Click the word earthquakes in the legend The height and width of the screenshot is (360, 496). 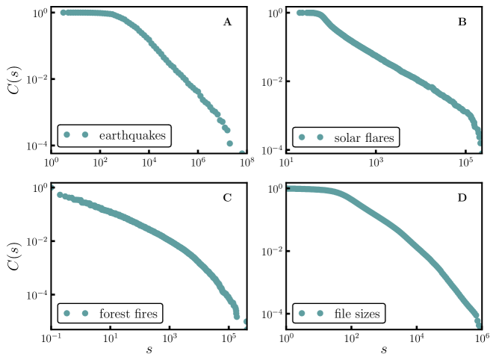click(x=132, y=136)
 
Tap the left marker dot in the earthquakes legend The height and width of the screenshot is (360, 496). click(x=66, y=135)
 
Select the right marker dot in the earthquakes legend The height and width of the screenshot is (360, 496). click(x=85, y=135)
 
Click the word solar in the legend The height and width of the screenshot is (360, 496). click(x=347, y=138)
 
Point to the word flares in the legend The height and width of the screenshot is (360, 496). click(x=379, y=138)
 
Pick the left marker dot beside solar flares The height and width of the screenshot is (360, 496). click(x=302, y=137)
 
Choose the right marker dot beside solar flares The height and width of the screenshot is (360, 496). click(x=320, y=137)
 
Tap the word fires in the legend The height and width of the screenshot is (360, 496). click(x=146, y=314)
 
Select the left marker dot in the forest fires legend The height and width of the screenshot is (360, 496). click(x=66, y=313)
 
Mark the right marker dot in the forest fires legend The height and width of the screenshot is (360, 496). click(x=85, y=313)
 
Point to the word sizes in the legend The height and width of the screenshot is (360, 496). click(x=368, y=314)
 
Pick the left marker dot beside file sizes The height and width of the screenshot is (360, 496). click(x=302, y=314)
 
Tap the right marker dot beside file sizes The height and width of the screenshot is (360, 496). click(x=320, y=314)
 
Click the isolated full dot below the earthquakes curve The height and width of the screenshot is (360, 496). click(x=229, y=143)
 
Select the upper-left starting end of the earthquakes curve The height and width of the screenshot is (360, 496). click(x=63, y=12)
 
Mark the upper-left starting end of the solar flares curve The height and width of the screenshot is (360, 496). click(x=299, y=13)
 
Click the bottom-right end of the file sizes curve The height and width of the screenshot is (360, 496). click(x=478, y=324)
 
